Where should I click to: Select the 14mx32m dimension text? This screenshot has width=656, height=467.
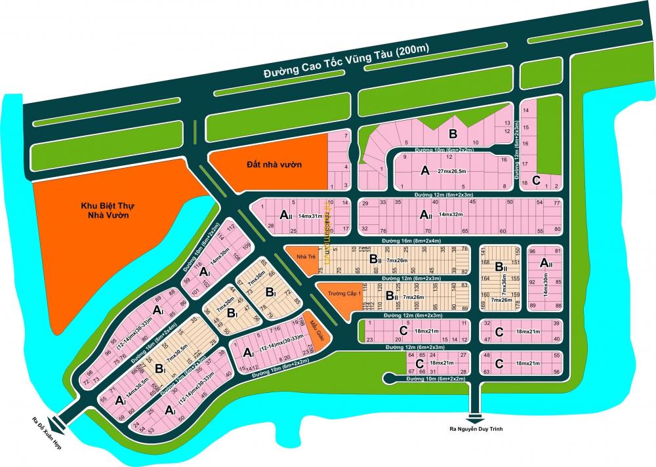click(455, 215)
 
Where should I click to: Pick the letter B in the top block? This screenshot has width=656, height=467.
click(453, 134)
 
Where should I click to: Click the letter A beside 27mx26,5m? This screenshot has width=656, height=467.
click(424, 171)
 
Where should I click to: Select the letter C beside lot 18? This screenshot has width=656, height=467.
click(537, 180)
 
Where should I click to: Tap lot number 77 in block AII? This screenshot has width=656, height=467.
click(556, 203)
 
